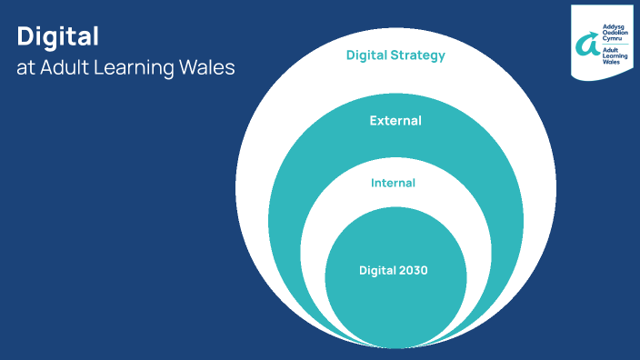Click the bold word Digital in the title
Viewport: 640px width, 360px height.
pos(57,36)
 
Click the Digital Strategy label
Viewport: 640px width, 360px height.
pos(395,55)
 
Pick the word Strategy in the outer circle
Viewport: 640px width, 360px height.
pos(419,55)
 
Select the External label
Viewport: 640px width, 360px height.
pos(395,120)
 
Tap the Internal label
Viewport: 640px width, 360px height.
pos(393,183)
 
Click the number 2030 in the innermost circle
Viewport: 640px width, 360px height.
pos(413,270)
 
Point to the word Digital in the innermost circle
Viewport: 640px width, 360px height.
pos(377,270)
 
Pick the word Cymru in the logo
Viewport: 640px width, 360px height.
pos(611,40)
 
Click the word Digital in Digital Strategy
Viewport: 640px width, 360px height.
pos(367,55)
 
